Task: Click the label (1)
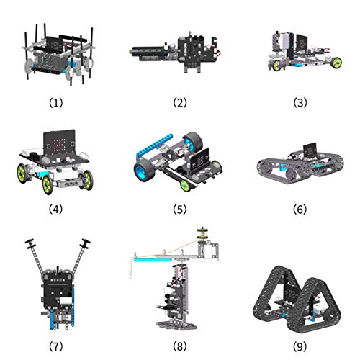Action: pyautogui.click(x=56, y=103)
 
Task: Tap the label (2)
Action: pyautogui.click(x=180, y=103)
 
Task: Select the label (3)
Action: pyautogui.click(x=300, y=103)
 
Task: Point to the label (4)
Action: pyautogui.click(x=55, y=210)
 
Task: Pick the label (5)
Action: pyautogui.click(x=180, y=210)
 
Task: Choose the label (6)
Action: pyautogui.click(x=300, y=210)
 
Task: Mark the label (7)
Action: pyautogui.click(x=56, y=346)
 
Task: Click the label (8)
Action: pyautogui.click(x=180, y=346)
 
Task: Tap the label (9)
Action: pyautogui.click(x=300, y=346)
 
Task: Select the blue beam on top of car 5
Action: pyautogui.click(x=154, y=145)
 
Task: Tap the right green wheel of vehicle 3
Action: pyautogui.click(x=336, y=63)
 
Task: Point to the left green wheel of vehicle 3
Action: pyautogui.click(x=276, y=66)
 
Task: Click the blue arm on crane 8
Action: pyautogui.click(x=153, y=260)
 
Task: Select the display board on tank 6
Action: pyautogui.click(x=310, y=150)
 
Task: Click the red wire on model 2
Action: pyautogui.click(x=218, y=53)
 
